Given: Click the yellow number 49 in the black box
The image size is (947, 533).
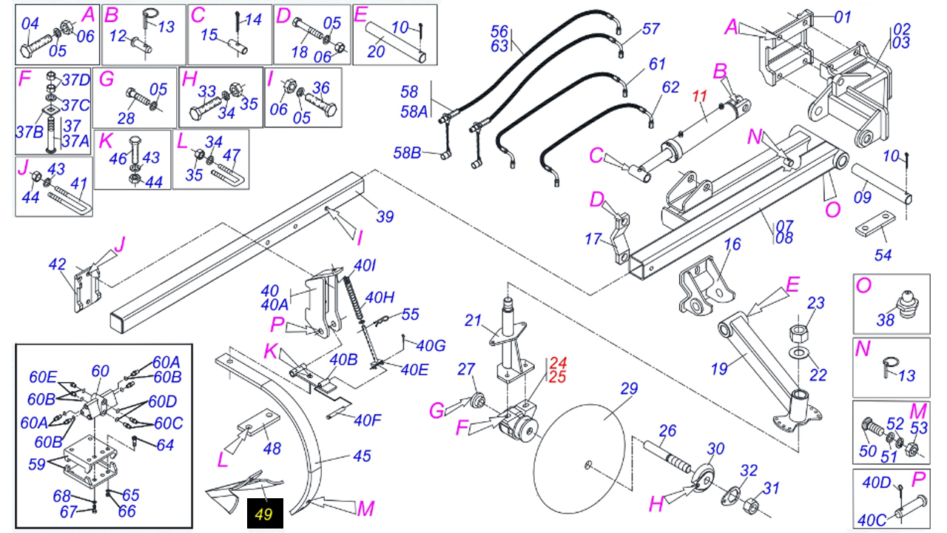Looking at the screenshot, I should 264,514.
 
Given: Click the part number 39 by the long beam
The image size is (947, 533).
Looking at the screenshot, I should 385,216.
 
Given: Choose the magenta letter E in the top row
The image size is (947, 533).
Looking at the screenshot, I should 360,14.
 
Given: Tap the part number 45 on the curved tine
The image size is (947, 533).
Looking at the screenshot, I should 361,456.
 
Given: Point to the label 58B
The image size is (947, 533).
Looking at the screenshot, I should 406,153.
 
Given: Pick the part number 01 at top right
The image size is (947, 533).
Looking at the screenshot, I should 843,16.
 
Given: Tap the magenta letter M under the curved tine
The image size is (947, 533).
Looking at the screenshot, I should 365,509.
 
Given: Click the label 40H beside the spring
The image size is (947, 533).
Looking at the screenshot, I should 380,298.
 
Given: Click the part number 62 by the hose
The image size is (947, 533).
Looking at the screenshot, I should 670,87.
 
